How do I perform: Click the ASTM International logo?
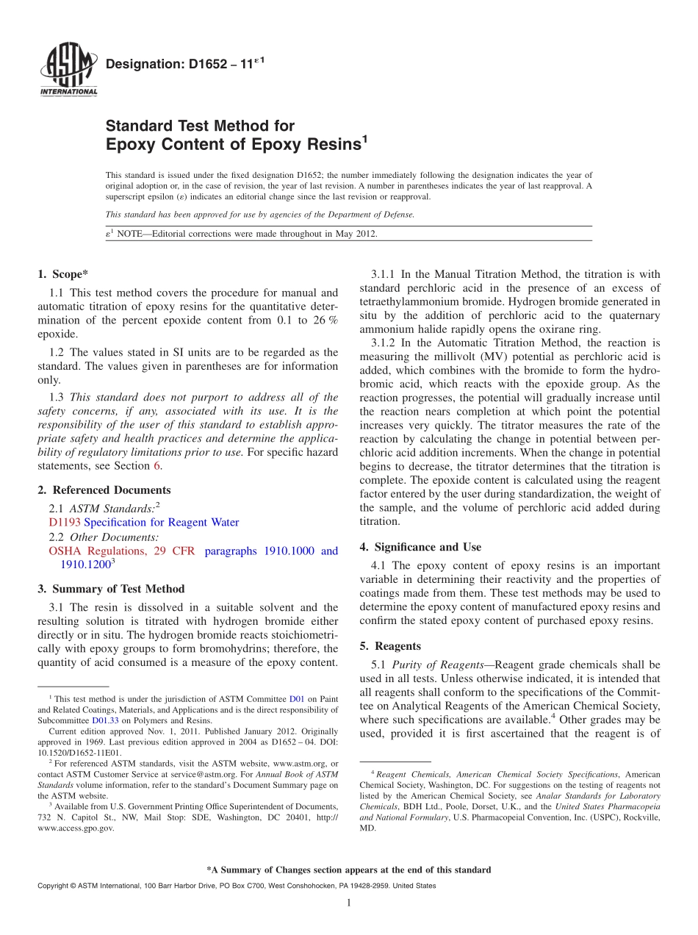point(68,71)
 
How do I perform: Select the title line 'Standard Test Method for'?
point(200,126)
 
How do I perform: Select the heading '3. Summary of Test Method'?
point(111,589)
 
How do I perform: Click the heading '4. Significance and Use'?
point(420,547)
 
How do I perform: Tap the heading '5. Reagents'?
point(390,646)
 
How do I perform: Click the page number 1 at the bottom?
point(349,903)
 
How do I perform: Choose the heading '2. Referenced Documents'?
point(104,490)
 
